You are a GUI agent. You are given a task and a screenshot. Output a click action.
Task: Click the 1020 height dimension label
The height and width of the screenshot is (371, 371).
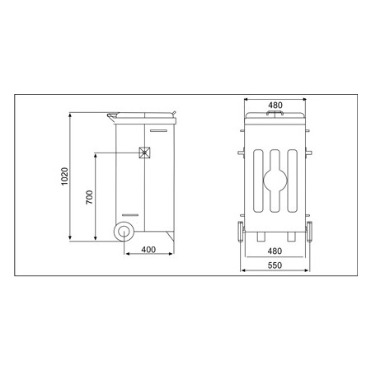[x=64, y=176]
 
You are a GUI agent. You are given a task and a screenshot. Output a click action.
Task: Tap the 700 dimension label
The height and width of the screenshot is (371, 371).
[x=89, y=197]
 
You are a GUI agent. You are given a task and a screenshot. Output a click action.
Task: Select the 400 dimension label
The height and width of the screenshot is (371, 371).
[x=148, y=250]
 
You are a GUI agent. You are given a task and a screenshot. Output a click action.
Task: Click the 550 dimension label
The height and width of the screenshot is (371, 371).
[x=275, y=265]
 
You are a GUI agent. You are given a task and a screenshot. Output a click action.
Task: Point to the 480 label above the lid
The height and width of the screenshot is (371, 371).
[x=275, y=105]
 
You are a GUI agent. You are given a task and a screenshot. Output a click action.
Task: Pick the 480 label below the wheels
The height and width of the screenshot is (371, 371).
[x=275, y=251]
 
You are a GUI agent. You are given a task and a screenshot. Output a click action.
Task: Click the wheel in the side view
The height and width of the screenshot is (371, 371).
[x=124, y=232]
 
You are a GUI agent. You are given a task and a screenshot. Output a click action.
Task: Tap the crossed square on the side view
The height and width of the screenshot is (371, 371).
[x=144, y=153]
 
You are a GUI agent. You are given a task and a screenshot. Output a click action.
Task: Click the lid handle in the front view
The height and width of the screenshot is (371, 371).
[x=275, y=113]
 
